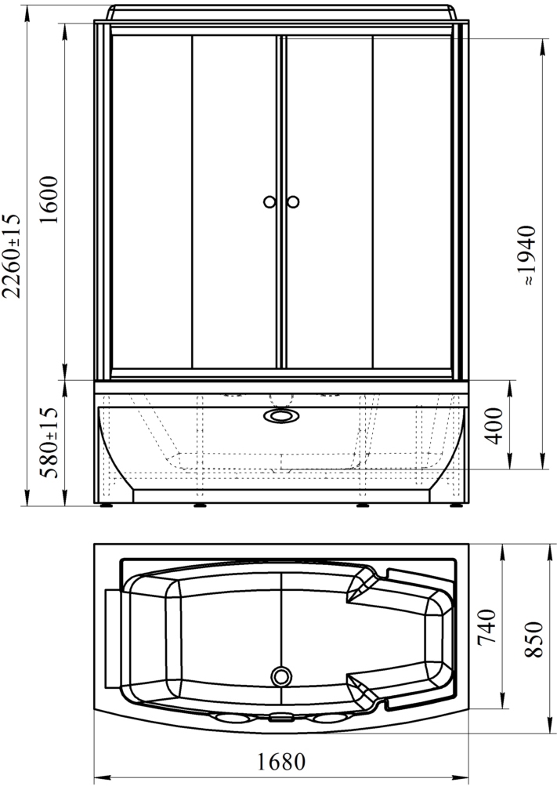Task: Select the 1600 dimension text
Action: (x=50, y=200)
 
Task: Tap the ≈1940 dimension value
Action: (x=529, y=255)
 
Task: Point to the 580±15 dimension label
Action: (x=50, y=443)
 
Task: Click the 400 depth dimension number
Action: (x=494, y=426)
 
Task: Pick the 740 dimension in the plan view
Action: (x=486, y=627)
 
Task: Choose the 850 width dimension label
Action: (x=534, y=639)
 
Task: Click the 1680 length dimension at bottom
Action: (x=281, y=762)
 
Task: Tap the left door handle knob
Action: (x=269, y=202)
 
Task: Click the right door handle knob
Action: (x=293, y=202)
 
